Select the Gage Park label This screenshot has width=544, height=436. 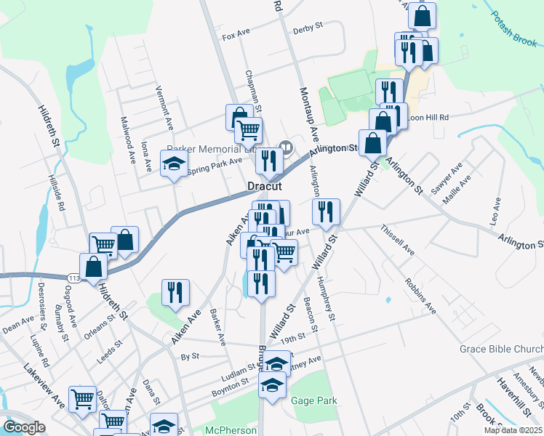pos(314,400)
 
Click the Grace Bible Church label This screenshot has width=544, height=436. pos(501,349)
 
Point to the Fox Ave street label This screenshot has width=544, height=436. pos(236,36)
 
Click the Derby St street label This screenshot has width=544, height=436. pos(308,28)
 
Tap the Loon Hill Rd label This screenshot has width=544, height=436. pos(428,117)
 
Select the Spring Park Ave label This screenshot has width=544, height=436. pos(215,166)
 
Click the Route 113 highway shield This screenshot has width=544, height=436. pos(75,277)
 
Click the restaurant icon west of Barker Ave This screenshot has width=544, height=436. pos(175,292)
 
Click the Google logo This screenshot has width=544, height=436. pos(24,427)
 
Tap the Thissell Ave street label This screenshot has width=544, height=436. pos(397,240)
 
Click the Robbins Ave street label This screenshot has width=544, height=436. pos(421,295)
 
